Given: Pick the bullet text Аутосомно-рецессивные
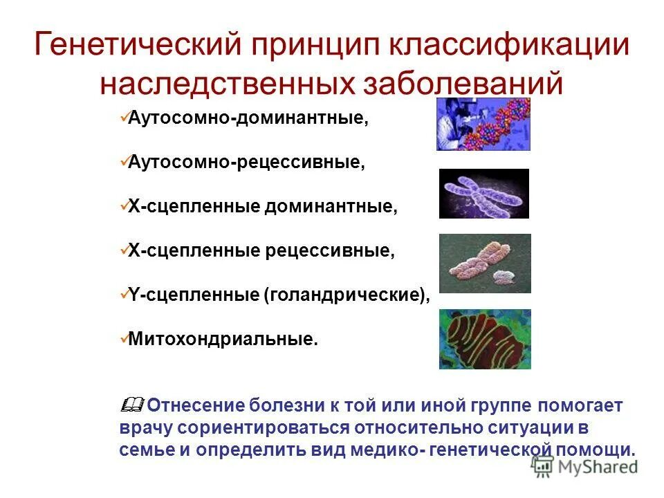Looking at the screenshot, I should [246, 163].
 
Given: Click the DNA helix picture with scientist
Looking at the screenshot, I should [483, 124].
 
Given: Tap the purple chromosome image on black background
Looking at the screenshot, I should [483, 194].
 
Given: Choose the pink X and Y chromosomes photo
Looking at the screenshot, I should [484, 263].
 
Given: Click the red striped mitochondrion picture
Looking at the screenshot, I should [484, 339].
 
